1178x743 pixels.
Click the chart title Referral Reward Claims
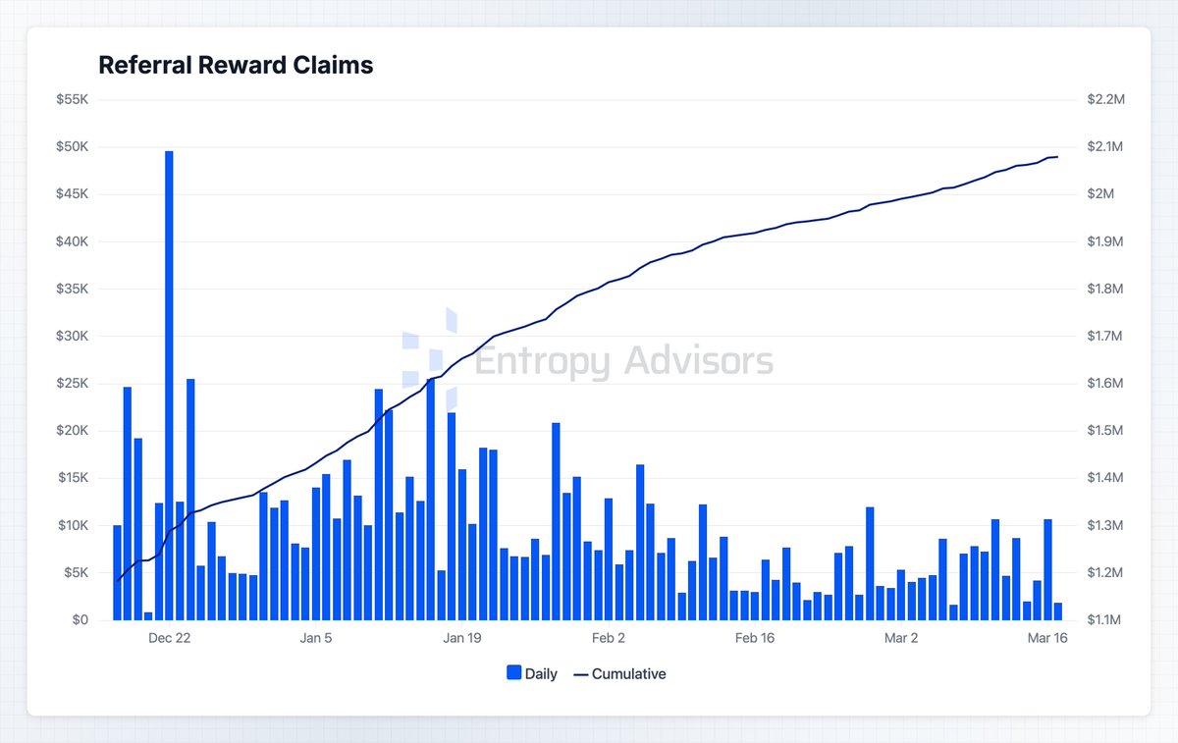tap(236, 66)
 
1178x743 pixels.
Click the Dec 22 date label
tap(169, 638)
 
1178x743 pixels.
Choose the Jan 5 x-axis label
tap(315, 638)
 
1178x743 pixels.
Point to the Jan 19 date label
tap(461, 638)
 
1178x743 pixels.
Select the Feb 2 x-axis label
tap(609, 638)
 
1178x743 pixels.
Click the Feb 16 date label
tap(754, 638)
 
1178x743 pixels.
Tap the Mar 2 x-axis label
tap(901, 638)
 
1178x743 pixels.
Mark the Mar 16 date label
tap(1046, 638)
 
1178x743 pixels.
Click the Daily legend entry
tap(532, 673)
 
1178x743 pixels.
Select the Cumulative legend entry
tap(619, 673)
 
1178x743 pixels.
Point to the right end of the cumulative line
tap(1057, 157)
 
